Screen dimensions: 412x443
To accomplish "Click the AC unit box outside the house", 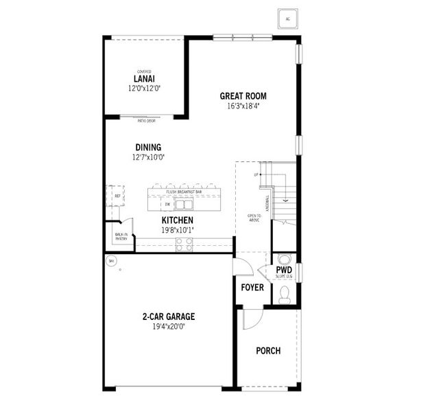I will click(x=287, y=19).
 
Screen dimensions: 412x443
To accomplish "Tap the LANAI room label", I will click(x=144, y=79).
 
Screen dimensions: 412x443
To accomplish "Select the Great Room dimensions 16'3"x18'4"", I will click(x=243, y=106).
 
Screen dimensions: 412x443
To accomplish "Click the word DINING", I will click(x=148, y=147).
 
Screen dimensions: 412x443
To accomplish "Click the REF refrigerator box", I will click(x=117, y=196).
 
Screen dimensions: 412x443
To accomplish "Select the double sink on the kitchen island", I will click(x=182, y=204).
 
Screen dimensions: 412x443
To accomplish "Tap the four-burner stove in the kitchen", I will click(x=184, y=244).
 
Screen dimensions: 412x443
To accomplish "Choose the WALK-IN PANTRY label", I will click(x=121, y=237).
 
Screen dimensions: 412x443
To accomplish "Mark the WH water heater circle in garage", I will click(x=111, y=261).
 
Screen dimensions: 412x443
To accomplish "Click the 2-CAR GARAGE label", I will click(x=169, y=317).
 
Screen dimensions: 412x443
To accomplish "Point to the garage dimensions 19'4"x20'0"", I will click(x=169, y=327).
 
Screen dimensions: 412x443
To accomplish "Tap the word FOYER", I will click(x=252, y=287).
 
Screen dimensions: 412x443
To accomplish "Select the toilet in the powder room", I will click(x=285, y=294).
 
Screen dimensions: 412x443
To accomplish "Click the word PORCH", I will click(x=268, y=351).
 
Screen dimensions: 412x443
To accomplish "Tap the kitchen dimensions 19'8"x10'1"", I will click(x=177, y=230).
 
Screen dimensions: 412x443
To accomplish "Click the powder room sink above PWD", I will click(x=285, y=259).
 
